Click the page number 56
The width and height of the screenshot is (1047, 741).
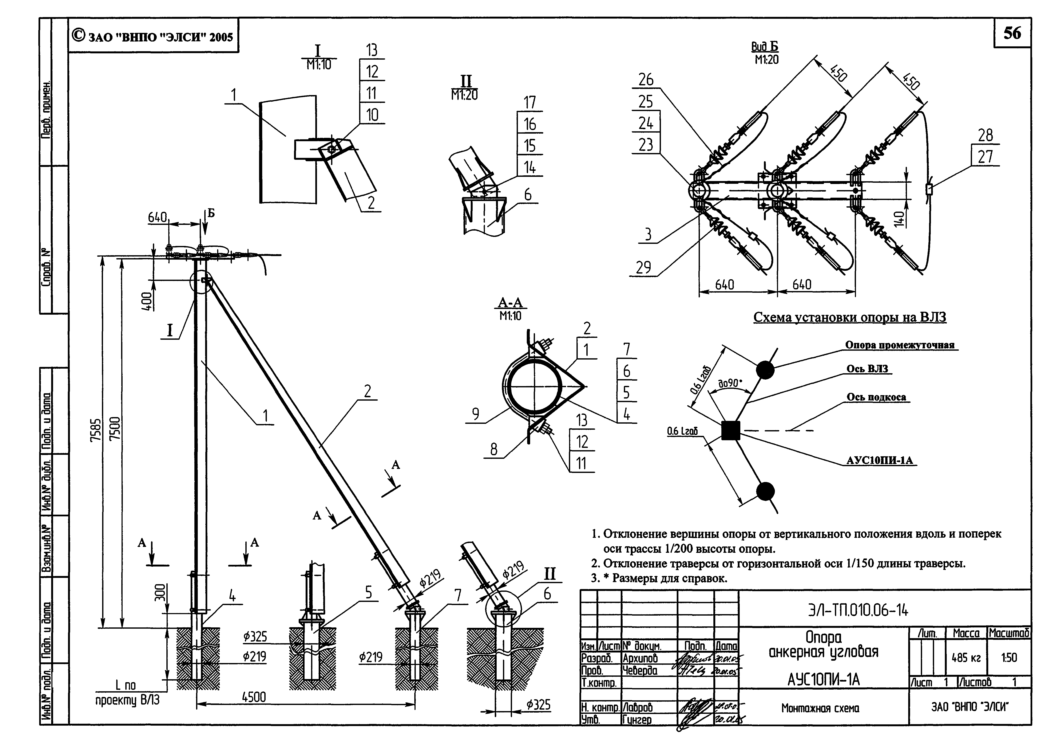(x=1012, y=33)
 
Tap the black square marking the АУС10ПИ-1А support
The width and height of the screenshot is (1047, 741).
(x=730, y=430)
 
